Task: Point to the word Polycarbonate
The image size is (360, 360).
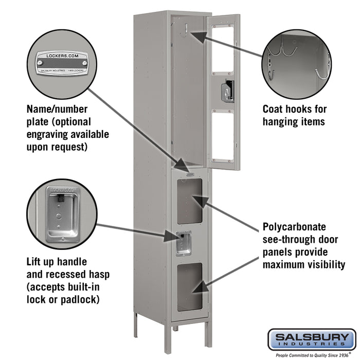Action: [x=294, y=226]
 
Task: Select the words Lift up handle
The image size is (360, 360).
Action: [x=57, y=262]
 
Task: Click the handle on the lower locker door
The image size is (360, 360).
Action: [x=183, y=243]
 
